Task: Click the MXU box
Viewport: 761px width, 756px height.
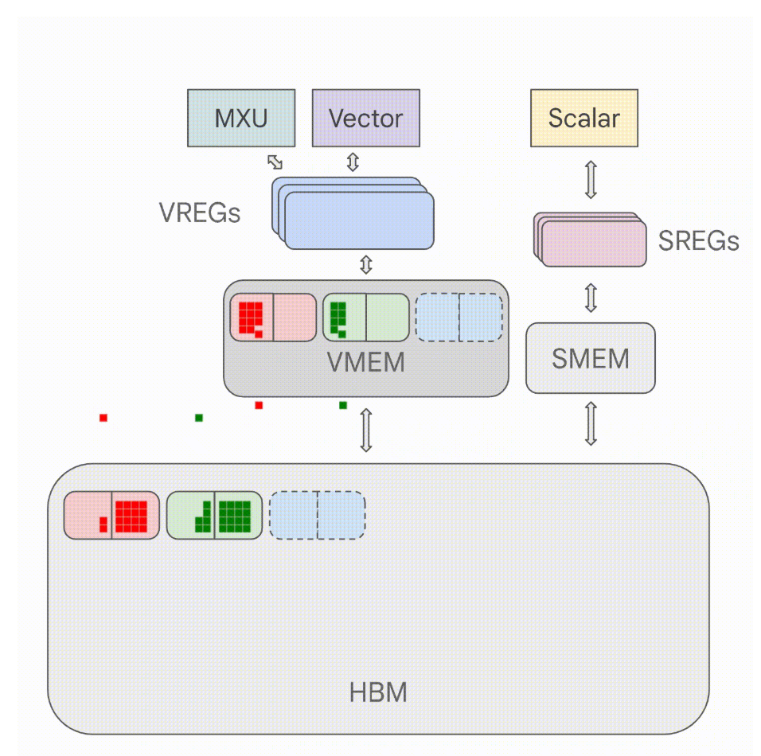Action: [x=240, y=118]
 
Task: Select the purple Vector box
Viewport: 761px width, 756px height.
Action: [x=365, y=118]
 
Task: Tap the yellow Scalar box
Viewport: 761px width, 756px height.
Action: [x=583, y=118]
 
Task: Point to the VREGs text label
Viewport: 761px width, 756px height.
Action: [x=199, y=213]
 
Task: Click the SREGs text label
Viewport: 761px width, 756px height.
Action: [x=698, y=240]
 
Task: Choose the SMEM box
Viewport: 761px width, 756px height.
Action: [x=590, y=358]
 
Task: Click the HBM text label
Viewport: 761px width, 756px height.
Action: [x=378, y=692]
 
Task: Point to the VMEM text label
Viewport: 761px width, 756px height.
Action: [x=365, y=363]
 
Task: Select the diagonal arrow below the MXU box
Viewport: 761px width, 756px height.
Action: [x=275, y=162]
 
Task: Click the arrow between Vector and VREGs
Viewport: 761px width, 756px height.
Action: [x=353, y=162]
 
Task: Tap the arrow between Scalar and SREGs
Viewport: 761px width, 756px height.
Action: [x=590, y=179]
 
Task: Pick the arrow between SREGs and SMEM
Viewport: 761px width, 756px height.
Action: [x=590, y=295]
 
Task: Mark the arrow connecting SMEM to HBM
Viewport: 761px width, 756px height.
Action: [x=590, y=423]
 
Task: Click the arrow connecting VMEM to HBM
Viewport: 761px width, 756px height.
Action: [x=366, y=430]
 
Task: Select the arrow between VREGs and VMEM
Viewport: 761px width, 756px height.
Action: [x=366, y=265]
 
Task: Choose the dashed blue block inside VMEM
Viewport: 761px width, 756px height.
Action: [x=459, y=318]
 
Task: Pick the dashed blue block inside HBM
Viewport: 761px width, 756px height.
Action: [x=318, y=515]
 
